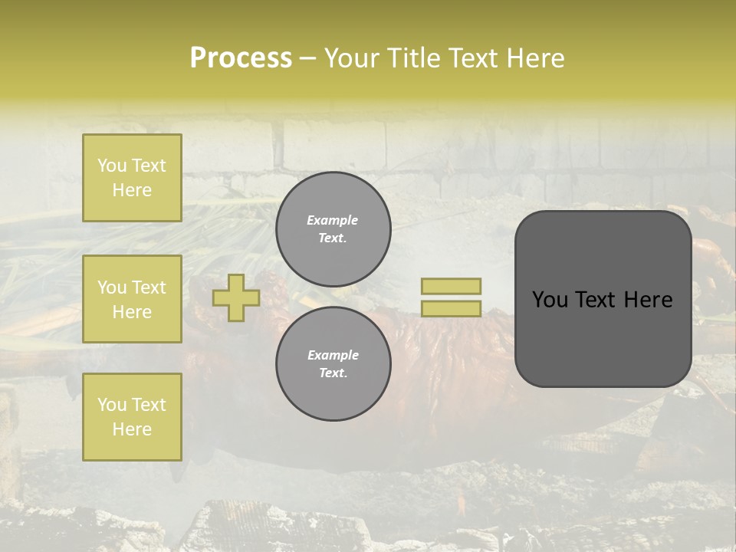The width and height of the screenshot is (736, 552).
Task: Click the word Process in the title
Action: click(241, 58)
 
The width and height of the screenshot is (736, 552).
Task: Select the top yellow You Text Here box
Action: click(132, 178)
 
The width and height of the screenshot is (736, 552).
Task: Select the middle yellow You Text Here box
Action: click(132, 299)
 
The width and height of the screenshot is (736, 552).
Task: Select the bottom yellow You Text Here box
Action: click(132, 416)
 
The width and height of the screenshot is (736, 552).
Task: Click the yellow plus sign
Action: click(236, 297)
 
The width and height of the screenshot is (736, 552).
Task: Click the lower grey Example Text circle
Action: click(333, 363)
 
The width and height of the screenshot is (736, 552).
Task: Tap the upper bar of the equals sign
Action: click(451, 287)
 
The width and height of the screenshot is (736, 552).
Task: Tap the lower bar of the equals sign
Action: click(451, 308)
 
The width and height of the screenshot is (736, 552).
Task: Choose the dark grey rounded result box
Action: click(603, 299)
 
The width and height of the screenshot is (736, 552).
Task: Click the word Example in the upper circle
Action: click(333, 220)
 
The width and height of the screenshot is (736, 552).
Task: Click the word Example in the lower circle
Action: click(333, 355)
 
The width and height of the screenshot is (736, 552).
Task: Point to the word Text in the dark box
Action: click(599, 300)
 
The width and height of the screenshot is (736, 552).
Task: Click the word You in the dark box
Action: click(550, 300)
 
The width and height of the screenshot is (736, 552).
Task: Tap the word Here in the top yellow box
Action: click(132, 190)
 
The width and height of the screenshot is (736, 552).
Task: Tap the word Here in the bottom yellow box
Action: click(132, 429)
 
